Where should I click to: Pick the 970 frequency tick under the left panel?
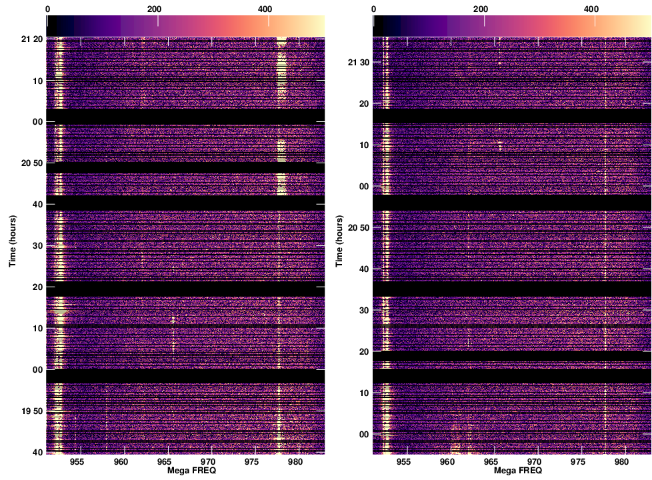[x=209, y=461]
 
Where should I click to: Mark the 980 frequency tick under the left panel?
[x=295, y=461]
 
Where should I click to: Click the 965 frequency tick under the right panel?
[x=491, y=461]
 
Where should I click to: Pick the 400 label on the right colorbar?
[x=591, y=10]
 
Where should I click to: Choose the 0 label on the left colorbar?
[x=48, y=10]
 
